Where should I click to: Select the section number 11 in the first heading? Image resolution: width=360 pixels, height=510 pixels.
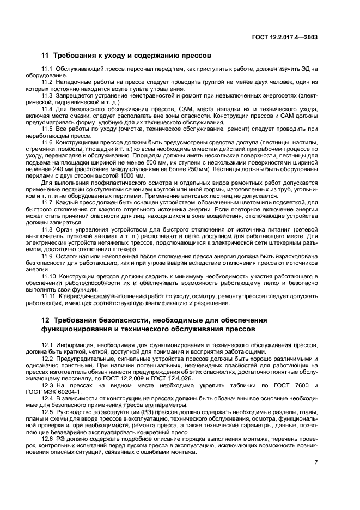45,56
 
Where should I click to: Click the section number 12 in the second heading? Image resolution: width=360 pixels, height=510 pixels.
45,319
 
